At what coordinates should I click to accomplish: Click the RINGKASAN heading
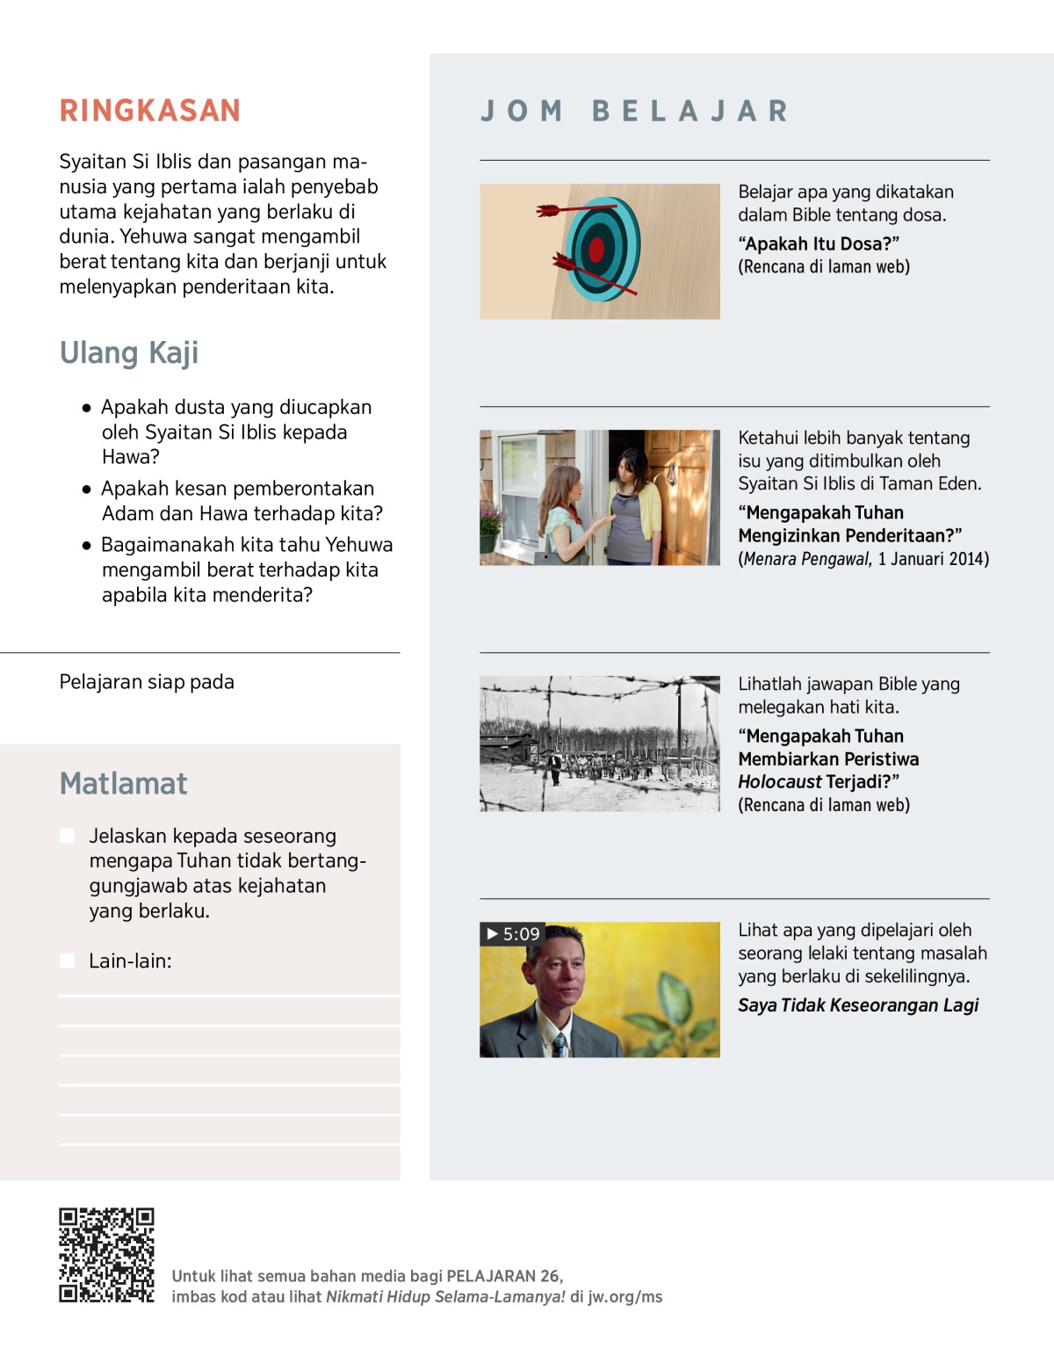pos(149,111)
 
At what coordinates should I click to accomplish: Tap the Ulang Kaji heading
pos(129,352)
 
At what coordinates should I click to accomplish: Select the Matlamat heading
pos(123,783)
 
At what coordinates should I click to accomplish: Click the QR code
pos(106,1255)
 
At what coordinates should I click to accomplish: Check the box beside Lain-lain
pos(67,961)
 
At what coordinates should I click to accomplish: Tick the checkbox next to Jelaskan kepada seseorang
pos(67,836)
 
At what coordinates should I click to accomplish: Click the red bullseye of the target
pos(596,250)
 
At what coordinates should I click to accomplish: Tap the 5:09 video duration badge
pos(513,934)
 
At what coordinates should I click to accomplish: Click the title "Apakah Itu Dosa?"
pos(819,244)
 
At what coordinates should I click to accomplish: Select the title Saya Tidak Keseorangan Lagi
pos(858,1005)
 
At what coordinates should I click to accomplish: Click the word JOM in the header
pos(522,112)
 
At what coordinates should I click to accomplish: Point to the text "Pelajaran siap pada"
pos(147,682)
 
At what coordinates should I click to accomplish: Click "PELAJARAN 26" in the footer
pos(503,1276)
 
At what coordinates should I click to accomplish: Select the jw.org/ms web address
pos(624,1297)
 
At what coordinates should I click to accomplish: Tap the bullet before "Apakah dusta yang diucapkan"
pos(86,408)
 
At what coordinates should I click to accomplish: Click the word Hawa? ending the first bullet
pos(131,457)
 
